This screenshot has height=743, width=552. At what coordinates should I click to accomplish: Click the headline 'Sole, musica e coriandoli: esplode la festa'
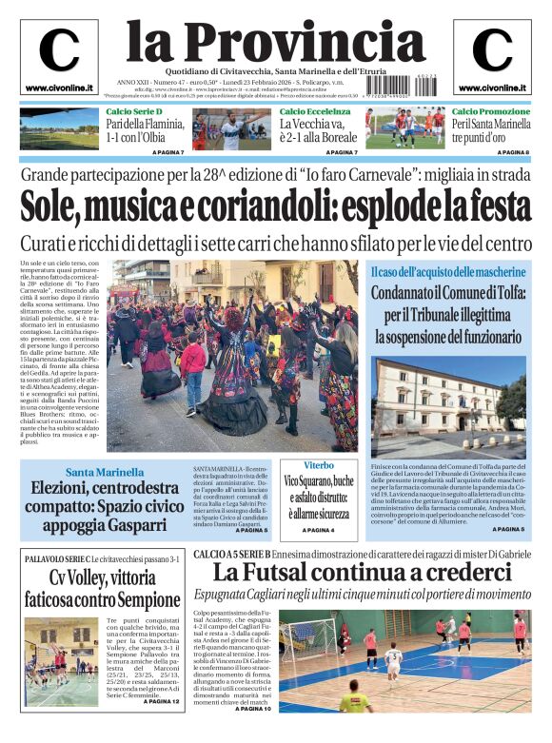[x=275, y=205]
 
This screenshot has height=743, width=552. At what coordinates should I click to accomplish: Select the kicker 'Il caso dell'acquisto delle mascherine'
[x=447, y=273]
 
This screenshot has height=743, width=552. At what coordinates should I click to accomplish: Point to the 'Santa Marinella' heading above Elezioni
[x=105, y=472]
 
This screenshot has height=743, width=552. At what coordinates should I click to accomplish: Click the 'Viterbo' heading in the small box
[x=319, y=465]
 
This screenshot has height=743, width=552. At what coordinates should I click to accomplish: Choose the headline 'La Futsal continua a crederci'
[x=362, y=573]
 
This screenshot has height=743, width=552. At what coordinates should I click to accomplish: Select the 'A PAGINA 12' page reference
[x=162, y=701]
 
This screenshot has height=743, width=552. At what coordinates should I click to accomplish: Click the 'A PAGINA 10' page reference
[x=253, y=709]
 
